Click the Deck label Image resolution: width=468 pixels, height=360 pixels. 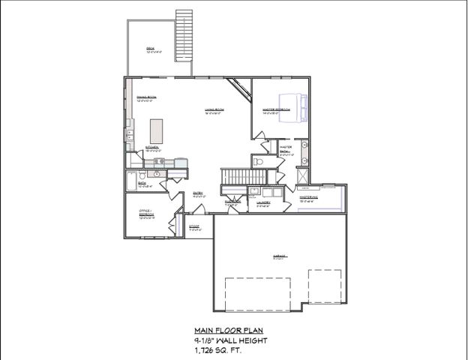pyautogui.click(x=151, y=50)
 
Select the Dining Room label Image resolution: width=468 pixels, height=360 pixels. pyautogui.click(x=146, y=98)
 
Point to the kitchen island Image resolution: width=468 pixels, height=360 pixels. pyautogui.click(x=157, y=133)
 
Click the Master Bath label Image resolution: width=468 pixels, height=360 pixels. pyautogui.click(x=286, y=149)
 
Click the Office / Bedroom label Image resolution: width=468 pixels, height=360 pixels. pyautogui.click(x=146, y=213)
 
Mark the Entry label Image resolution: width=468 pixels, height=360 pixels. pyautogui.click(x=199, y=193)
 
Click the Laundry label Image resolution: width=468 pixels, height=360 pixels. pyautogui.click(x=263, y=202)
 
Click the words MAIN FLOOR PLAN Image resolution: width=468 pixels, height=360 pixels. pyautogui.click(x=229, y=330)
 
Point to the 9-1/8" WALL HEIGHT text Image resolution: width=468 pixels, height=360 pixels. pyautogui.click(x=229, y=340)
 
